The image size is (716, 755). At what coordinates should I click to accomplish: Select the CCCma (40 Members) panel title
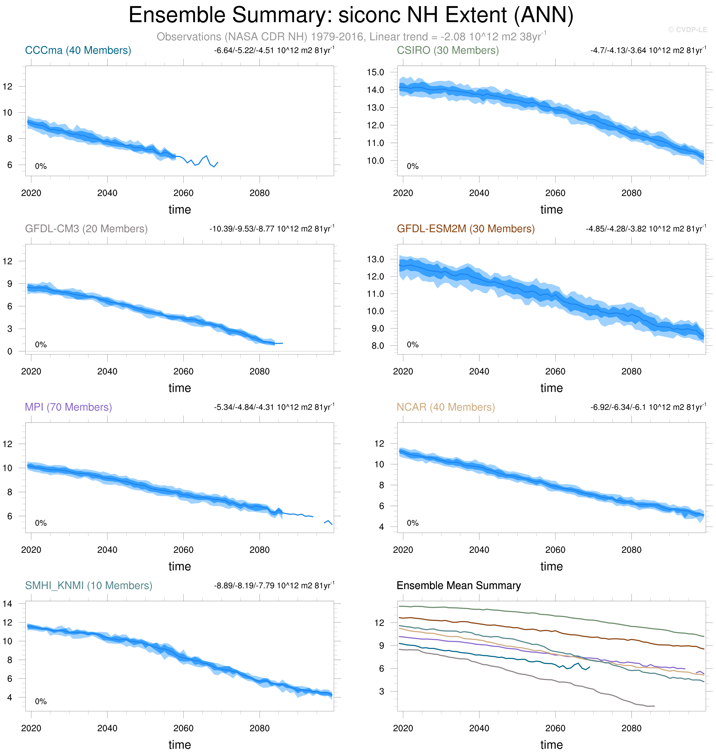pos(78,50)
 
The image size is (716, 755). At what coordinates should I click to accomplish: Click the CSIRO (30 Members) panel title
pos(448,50)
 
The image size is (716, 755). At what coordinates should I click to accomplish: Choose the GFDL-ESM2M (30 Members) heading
pos(466,229)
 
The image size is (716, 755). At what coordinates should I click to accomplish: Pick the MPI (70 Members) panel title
pos(68,407)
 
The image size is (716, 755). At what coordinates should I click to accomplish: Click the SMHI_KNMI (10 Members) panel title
pos(89,585)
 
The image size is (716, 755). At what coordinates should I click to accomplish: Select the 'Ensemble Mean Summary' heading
pos(458,585)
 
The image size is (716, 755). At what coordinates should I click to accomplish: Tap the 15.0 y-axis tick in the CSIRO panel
pos(376,72)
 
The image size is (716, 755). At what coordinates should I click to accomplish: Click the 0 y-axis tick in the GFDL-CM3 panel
pos(10,351)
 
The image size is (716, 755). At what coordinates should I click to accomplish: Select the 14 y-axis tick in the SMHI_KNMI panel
pos(7,604)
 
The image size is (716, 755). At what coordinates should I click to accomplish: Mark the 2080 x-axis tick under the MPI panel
pos(260,550)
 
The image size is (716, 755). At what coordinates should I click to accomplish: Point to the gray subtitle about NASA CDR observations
pos(351,37)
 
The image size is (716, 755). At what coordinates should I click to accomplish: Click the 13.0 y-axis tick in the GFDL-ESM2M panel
pos(376,259)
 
